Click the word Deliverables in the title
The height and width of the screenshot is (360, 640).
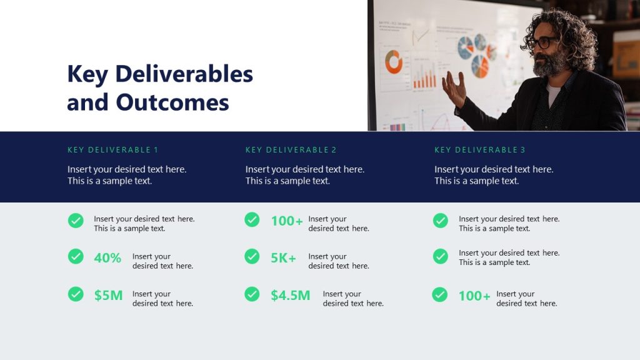pos(184,74)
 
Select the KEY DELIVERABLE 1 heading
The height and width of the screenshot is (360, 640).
pos(112,150)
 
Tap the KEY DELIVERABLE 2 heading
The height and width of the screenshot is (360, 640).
pos(291,150)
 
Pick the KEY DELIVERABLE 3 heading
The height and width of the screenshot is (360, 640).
pos(479,150)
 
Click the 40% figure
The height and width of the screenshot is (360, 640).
pos(107,257)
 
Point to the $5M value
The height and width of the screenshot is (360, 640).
pos(108,295)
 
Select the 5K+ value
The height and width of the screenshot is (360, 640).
pos(283,257)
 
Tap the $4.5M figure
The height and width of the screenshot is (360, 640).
pos(290,295)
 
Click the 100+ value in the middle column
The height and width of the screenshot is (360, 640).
pos(286,221)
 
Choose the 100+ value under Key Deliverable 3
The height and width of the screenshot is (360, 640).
pos(474,296)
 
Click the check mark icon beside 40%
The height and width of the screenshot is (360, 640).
pos(76,256)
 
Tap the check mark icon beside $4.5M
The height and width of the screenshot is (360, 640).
pos(252,294)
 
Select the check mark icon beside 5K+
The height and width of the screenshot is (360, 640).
pos(252,256)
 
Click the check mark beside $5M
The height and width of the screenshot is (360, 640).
pos(76,294)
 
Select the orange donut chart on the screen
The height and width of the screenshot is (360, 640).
pos(394,62)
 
